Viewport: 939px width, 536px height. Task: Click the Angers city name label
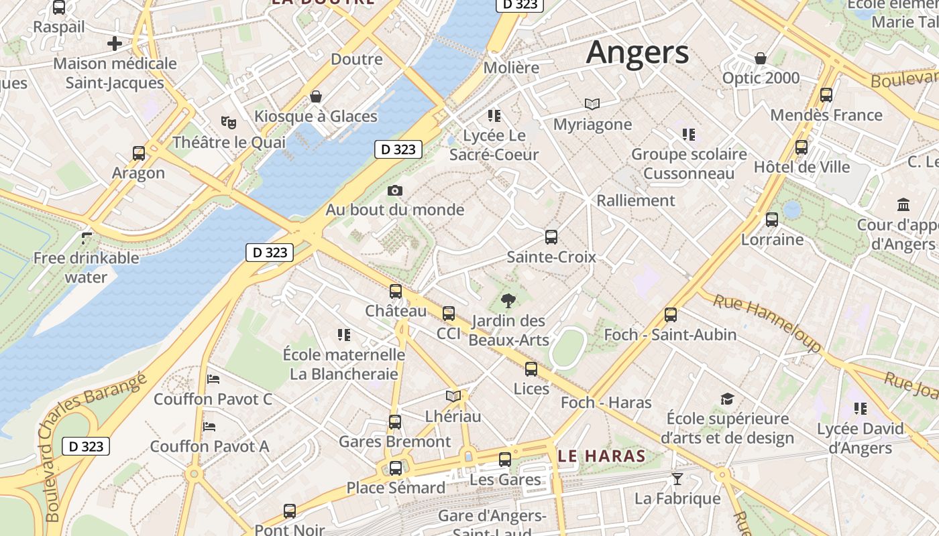[637, 52]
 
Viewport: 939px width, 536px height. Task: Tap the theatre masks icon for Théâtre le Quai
[229, 123]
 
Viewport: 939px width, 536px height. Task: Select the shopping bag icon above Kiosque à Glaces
[316, 97]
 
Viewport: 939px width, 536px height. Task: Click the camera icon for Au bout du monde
[395, 191]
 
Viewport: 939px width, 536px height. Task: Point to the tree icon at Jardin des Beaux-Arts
[508, 301]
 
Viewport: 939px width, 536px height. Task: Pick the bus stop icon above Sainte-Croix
[551, 237]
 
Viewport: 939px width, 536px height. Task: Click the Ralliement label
[636, 200]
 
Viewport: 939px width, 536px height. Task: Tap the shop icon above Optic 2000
[761, 59]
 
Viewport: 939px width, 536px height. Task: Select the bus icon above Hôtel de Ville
[802, 147]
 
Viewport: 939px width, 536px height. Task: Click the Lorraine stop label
[772, 239]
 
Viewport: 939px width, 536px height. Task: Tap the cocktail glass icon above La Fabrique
[677, 479]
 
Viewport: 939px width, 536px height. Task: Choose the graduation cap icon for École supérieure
[727, 399]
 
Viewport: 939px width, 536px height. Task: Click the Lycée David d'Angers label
[861, 438]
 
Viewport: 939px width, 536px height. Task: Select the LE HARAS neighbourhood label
[602, 456]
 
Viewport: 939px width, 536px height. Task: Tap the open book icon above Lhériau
[453, 397]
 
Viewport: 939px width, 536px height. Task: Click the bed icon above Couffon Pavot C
[213, 379]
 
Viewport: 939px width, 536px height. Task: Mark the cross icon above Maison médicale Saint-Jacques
[115, 44]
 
